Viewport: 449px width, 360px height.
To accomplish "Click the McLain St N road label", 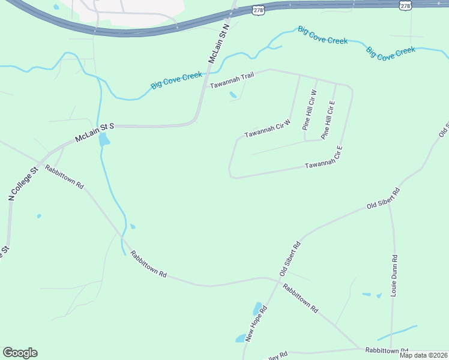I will click(x=219, y=43).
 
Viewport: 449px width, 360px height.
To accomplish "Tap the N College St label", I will click(x=23, y=183).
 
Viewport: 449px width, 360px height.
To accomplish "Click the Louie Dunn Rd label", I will click(x=394, y=275).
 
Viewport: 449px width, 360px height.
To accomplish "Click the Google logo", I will click(x=20, y=353).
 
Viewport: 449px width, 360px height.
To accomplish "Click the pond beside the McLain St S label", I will click(x=104, y=140).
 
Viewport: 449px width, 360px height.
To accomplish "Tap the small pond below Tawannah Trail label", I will click(x=232, y=95).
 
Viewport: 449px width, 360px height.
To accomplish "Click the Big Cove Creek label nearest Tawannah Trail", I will click(x=176, y=80).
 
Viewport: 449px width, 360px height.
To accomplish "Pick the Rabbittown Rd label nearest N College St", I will click(x=64, y=175).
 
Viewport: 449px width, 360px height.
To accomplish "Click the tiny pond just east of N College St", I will click(x=39, y=216).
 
